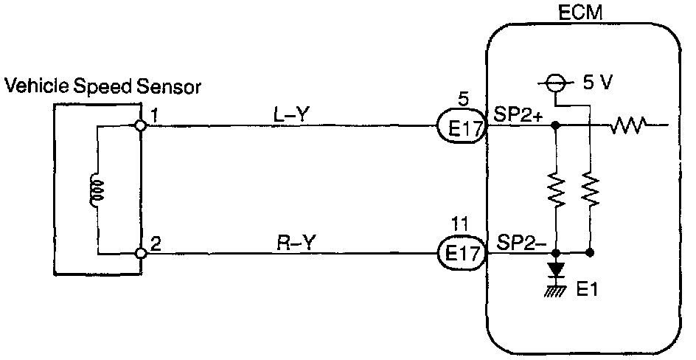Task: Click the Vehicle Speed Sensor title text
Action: [x=103, y=87]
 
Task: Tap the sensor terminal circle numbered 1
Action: [x=140, y=126]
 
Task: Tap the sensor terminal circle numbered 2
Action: [x=140, y=255]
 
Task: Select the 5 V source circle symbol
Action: [x=558, y=83]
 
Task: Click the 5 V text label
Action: [x=596, y=83]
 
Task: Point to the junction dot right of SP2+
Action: [x=557, y=126]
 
